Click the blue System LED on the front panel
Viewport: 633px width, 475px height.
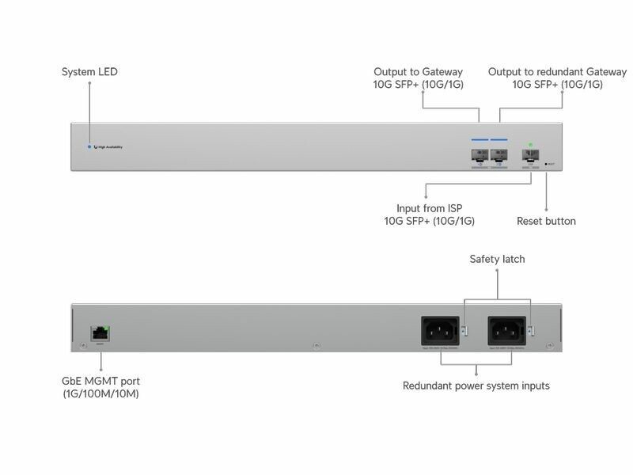pos(89,146)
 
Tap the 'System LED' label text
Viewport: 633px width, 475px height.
pos(89,72)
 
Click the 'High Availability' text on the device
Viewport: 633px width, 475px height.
pos(110,147)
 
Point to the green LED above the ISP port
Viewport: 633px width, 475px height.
pos(531,145)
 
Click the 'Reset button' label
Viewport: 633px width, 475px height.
pos(546,221)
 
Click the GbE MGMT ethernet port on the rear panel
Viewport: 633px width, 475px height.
pos(100,333)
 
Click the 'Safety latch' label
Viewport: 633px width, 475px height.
pos(497,259)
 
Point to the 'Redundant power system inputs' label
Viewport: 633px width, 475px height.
pos(476,386)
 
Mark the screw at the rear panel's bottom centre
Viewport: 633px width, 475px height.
pos(316,346)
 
